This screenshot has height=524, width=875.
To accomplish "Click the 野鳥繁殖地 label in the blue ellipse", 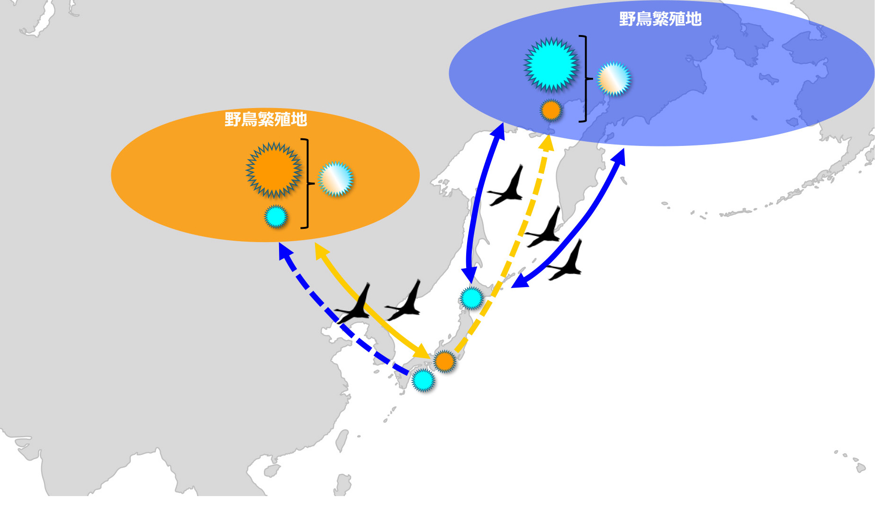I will coord(660,19).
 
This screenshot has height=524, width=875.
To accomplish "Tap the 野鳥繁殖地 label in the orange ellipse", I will coord(266,119).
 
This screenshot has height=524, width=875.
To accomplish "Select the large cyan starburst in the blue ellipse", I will coord(550,64).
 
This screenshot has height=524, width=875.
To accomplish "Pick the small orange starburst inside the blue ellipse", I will coord(550,110).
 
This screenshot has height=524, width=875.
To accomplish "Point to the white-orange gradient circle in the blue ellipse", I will coord(614,79).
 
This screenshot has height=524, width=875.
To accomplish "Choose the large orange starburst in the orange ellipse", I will coord(273,170).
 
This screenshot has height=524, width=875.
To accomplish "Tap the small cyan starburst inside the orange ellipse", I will coord(276,217).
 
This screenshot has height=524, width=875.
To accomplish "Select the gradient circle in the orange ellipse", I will coord(336,179).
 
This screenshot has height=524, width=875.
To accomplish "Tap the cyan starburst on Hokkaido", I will coord(471,298).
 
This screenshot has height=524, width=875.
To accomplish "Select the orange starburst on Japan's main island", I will coord(444,361).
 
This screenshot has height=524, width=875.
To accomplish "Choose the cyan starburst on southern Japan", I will coord(423,380).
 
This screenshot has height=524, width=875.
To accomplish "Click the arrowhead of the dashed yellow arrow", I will coord(547,142).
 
